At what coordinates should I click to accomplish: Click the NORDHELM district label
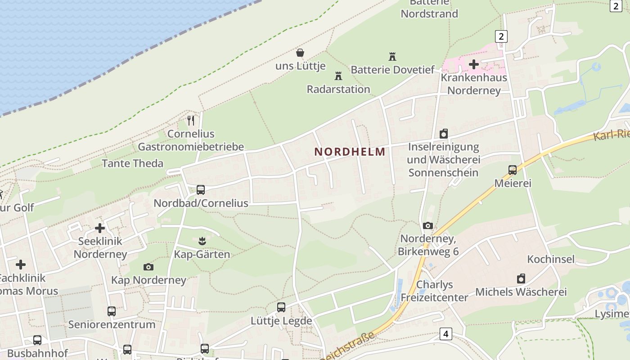tap(350, 152)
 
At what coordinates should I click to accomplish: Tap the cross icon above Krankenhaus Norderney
tap(474, 64)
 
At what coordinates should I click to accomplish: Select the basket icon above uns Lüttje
tap(300, 53)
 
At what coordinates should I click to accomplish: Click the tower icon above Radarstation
tap(338, 76)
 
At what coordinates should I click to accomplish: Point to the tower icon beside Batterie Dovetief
tap(392, 57)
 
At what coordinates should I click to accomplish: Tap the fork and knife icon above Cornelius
tap(191, 120)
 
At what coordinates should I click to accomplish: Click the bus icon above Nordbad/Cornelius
tap(201, 189)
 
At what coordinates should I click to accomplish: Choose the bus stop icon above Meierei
tap(513, 170)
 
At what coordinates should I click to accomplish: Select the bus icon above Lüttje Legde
tap(281, 307)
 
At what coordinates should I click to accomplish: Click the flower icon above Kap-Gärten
tap(202, 241)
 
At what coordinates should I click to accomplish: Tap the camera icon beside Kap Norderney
tap(148, 267)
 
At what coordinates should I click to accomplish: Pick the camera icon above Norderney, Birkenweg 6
tap(428, 225)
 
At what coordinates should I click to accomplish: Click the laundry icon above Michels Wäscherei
tap(521, 279)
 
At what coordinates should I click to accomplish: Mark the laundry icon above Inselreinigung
tap(444, 134)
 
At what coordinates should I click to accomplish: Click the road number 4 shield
tap(445, 334)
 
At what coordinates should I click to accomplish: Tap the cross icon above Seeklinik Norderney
tap(100, 228)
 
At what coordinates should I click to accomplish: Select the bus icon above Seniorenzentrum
tap(112, 311)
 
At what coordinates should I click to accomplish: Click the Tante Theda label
tap(132, 163)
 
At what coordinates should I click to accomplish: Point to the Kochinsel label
tap(551, 259)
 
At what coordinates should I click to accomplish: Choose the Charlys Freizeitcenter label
tap(434, 291)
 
